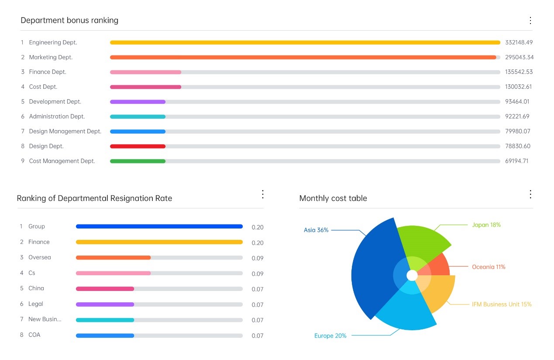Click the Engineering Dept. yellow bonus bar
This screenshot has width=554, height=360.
305,42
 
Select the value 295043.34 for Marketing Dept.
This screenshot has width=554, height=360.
519,57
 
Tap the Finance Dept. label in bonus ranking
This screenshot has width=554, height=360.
48,72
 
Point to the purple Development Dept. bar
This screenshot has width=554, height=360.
138,102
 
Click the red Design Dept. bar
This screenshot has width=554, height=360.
138,146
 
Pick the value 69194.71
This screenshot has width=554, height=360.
517,161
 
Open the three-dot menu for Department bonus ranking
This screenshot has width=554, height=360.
530,21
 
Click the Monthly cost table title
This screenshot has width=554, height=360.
333,198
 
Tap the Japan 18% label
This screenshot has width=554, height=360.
486,225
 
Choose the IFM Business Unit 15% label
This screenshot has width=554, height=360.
502,305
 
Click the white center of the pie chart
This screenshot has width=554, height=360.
412,275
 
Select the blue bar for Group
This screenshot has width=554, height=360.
159,227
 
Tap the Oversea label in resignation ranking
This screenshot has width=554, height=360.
40,258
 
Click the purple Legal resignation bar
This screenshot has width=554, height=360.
105,305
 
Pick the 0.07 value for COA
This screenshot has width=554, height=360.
258,336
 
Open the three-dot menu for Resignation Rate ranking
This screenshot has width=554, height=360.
262,194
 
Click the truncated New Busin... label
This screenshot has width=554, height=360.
45,319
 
